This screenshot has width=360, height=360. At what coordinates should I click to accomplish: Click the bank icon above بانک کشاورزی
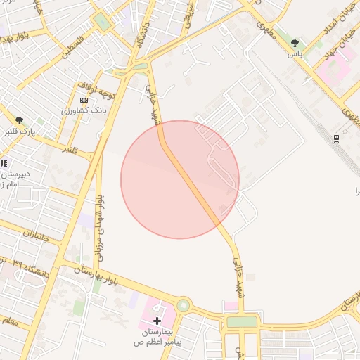[84, 101]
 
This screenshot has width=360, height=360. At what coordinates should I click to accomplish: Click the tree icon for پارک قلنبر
[19, 121]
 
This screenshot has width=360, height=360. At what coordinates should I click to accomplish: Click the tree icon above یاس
[295, 44]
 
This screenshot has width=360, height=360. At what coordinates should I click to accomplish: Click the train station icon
[337, 138]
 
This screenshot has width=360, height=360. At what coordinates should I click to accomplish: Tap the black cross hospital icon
[156, 321]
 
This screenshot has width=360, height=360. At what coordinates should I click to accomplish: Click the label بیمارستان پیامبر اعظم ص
[158, 336]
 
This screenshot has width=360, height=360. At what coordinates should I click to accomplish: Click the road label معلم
[9, 321]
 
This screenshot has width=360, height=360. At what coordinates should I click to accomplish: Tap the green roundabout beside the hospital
[184, 305]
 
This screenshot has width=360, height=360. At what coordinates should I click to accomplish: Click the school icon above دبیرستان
[4, 164]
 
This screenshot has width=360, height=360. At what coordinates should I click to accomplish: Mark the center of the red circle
[180, 179]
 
